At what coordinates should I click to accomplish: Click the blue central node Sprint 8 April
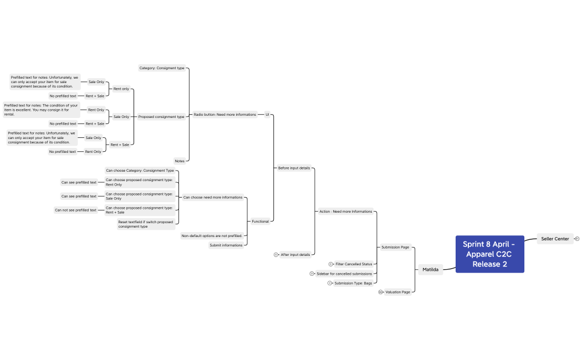tap(489, 254)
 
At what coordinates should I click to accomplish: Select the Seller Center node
tap(555, 239)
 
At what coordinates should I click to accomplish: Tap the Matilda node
tap(430, 270)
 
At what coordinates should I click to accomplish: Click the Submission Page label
tap(395, 247)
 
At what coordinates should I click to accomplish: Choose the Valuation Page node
tap(398, 292)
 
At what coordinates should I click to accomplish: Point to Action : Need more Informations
tap(346, 211)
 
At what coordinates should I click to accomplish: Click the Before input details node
tap(294, 167)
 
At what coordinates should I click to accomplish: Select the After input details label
tap(295, 255)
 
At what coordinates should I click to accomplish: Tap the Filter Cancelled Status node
tap(354, 264)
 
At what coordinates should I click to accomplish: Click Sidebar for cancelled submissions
tap(344, 274)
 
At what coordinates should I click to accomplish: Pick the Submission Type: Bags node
tap(353, 283)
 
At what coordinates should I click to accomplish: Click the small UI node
tap(267, 115)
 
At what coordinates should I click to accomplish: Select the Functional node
tap(261, 222)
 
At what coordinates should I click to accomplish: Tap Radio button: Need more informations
tap(225, 115)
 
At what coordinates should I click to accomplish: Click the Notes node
tap(180, 161)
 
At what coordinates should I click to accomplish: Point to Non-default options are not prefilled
tap(212, 235)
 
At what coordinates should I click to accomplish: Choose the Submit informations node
tap(226, 245)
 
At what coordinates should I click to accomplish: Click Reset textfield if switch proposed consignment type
tap(146, 224)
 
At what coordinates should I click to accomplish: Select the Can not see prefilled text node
tap(75, 210)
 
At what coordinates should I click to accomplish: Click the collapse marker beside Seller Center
tap(577, 239)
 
